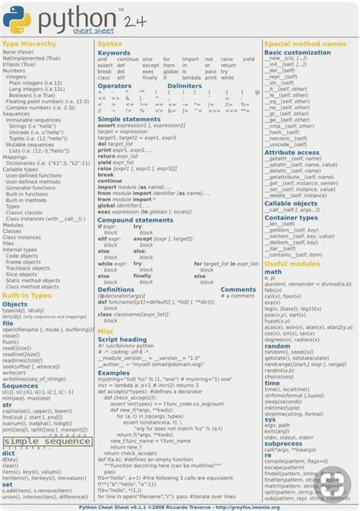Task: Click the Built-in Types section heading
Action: [x=27, y=295]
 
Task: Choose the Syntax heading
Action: [x=109, y=45]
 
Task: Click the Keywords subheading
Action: [x=114, y=52]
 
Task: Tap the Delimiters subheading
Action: [x=185, y=87]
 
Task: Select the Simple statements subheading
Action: [x=129, y=119]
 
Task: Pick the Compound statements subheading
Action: [x=135, y=220]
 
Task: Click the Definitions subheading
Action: [x=115, y=289]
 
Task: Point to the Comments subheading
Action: [x=238, y=289]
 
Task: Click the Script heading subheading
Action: [x=122, y=339]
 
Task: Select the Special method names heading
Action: [x=305, y=45]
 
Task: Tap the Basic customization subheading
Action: [x=298, y=52]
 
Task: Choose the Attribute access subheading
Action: [x=292, y=153]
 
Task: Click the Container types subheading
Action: [x=292, y=218]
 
